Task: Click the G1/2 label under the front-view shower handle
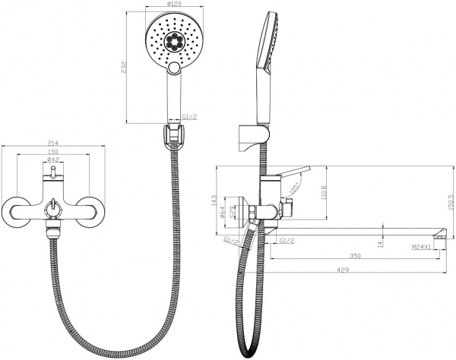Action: click(192, 116)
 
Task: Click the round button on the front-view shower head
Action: click(176, 71)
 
